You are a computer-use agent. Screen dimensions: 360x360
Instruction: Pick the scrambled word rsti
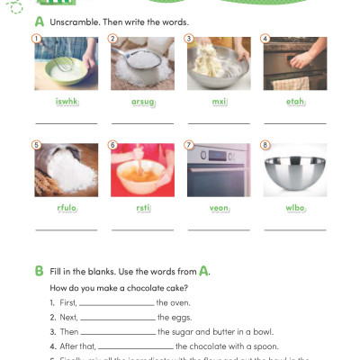[x=141, y=209]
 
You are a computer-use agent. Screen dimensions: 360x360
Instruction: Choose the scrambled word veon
[x=218, y=209]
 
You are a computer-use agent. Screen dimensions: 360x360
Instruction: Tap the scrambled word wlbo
[x=293, y=209]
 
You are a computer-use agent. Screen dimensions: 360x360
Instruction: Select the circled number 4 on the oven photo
[x=265, y=39]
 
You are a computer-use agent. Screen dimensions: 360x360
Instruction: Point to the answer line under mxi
[x=218, y=121]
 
